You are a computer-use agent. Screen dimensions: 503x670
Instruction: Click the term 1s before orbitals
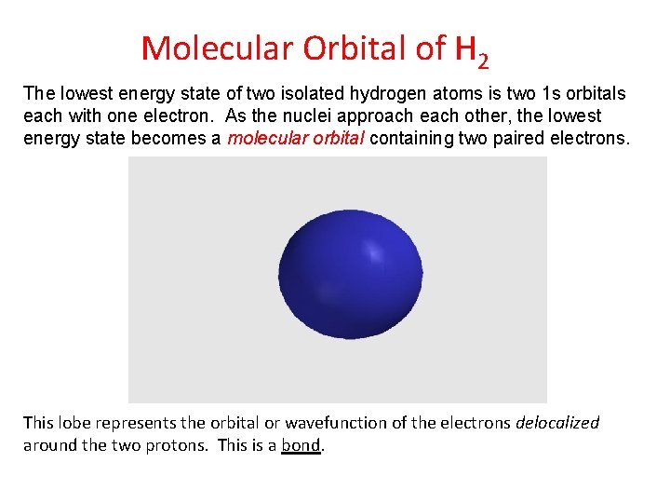(553, 94)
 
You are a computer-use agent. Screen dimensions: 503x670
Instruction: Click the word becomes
(173, 139)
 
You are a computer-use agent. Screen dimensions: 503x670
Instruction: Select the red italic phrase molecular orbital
(296, 139)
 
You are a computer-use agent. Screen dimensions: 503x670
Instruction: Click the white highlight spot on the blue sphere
(375, 252)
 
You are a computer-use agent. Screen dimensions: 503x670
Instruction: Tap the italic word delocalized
(557, 423)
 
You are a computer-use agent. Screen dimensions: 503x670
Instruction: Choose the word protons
(181, 445)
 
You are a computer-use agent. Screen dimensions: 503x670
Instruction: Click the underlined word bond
(301, 445)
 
